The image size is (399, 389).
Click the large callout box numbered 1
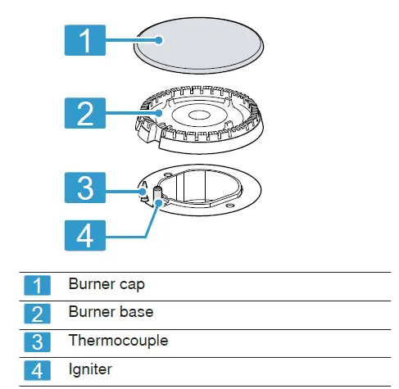pyautogui.click(x=84, y=40)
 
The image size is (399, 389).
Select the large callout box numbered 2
pyautogui.click(x=84, y=113)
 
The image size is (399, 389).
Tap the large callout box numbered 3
pyautogui.click(x=84, y=188)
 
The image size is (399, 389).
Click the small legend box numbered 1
pyautogui.click(x=38, y=285)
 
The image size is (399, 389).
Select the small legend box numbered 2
pyautogui.click(x=38, y=312)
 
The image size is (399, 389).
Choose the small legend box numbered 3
pyautogui.click(x=38, y=341)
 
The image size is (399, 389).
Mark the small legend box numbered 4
pyautogui.click(x=38, y=369)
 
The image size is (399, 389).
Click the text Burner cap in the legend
pyautogui.click(x=106, y=284)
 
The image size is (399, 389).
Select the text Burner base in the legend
pyautogui.click(x=111, y=312)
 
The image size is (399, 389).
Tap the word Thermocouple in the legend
pyautogui.click(x=118, y=340)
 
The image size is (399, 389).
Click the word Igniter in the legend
pyautogui.click(x=90, y=369)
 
